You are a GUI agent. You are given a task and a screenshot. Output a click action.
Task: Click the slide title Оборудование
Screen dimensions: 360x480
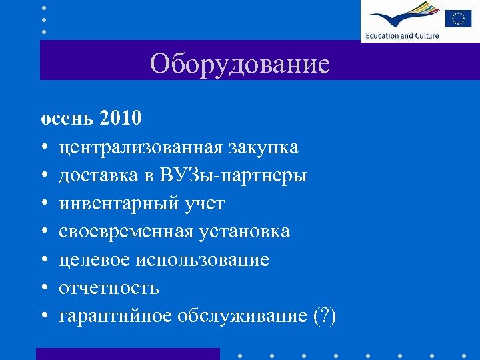[x=239, y=64]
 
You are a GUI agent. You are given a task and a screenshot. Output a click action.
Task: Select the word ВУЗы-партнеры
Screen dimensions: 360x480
[x=233, y=175]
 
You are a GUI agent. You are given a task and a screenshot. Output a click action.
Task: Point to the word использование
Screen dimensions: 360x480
[x=202, y=260]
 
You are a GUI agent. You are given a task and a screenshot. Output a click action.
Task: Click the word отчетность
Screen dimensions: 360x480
[x=109, y=288]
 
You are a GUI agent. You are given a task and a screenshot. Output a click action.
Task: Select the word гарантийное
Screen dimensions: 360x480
[x=115, y=316]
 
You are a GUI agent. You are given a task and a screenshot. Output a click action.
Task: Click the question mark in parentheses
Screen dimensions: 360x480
[x=325, y=316]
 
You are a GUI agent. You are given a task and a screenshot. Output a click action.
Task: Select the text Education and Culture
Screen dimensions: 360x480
[x=402, y=35]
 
